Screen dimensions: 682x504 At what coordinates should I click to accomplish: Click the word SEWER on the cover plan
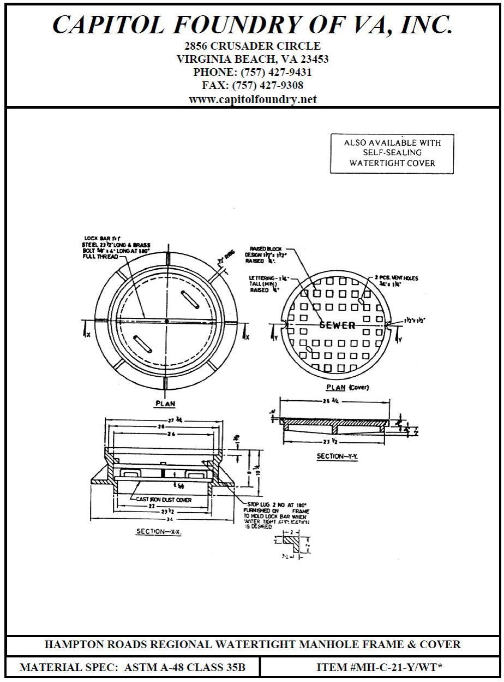click(x=337, y=325)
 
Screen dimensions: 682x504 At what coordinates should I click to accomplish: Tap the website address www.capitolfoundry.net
click(x=253, y=99)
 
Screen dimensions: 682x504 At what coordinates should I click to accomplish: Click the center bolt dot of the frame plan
click(x=166, y=320)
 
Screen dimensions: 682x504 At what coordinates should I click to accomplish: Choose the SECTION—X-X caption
click(x=159, y=531)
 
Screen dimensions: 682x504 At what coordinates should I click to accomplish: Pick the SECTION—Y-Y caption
click(x=337, y=456)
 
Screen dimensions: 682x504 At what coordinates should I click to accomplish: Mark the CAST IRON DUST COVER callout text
click(x=164, y=500)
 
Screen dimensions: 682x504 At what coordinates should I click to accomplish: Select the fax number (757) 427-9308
click(x=268, y=86)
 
